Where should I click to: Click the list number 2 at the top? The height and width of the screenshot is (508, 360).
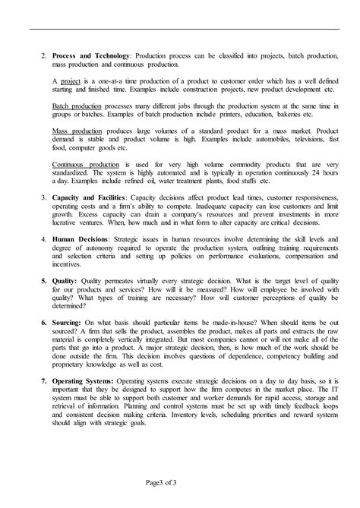click(x=43, y=55)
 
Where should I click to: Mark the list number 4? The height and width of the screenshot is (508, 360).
click(x=43, y=238)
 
